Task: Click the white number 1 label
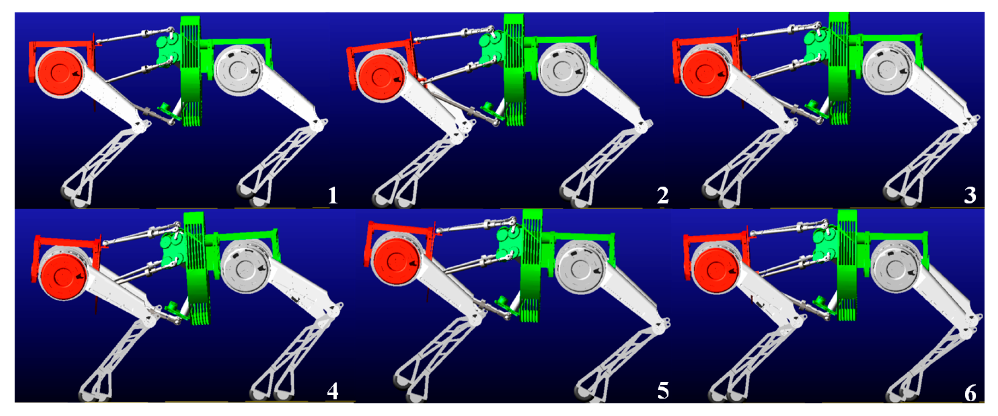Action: click(332, 196)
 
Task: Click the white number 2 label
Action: click(663, 196)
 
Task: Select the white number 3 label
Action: click(970, 196)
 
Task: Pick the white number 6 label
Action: click(971, 393)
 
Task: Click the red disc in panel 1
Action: click(59, 72)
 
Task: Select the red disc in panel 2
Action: click(381, 78)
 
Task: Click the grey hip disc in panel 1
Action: click(238, 70)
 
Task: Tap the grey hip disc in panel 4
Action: click(247, 267)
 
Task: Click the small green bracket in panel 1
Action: click(169, 111)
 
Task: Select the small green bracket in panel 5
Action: click(506, 305)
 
